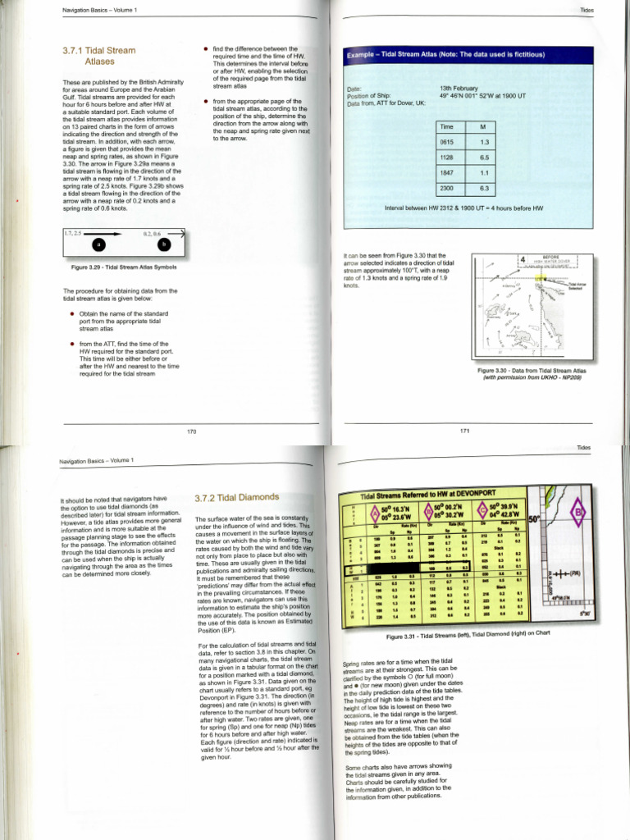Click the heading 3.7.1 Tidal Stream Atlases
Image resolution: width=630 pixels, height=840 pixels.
click(x=98, y=56)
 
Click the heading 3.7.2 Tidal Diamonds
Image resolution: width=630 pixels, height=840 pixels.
click(x=236, y=497)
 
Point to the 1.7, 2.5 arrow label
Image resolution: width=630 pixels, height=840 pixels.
click(x=75, y=234)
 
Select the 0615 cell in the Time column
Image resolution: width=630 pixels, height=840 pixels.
click(x=448, y=143)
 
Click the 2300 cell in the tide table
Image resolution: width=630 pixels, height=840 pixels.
click(x=448, y=189)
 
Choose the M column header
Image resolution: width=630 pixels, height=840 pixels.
click(x=483, y=126)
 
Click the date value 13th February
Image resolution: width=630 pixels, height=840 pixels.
click(x=459, y=87)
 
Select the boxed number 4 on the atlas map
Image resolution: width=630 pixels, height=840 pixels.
click(x=523, y=260)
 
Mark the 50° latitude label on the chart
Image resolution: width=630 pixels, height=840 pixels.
click(x=533, y=519)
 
